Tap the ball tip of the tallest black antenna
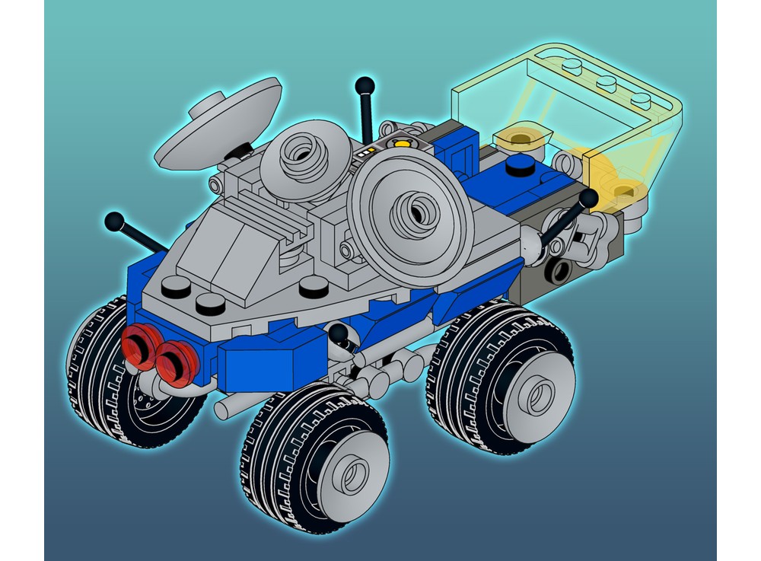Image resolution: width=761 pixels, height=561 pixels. tap(365, 83)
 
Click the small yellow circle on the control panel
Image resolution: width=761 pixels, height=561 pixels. tap(401, 142)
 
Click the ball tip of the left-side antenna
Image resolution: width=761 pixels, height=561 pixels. tap(114, 222)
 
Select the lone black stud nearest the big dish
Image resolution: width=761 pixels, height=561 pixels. tap(314, 287)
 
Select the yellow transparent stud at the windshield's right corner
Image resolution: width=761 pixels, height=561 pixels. tap(624, 189)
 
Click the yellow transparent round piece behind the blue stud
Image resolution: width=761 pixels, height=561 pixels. tap(520, 138)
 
